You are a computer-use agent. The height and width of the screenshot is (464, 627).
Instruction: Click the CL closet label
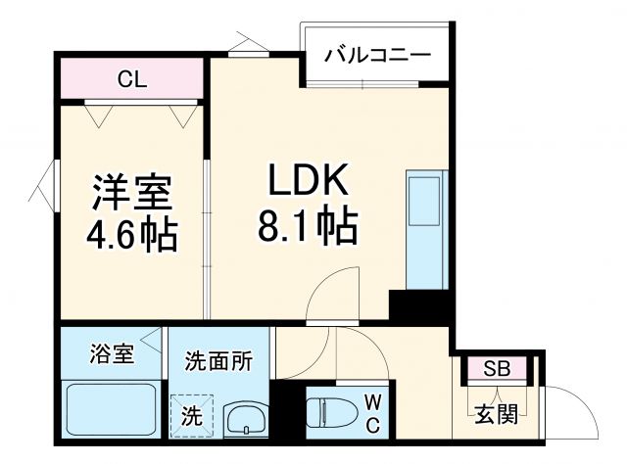click(x=131, y=79)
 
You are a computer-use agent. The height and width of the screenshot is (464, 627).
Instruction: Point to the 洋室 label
click(x=133, y=190)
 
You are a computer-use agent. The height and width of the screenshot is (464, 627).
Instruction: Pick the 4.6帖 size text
click(x=133, y=235)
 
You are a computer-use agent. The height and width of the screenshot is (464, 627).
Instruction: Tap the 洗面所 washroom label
click(x=218, y=360)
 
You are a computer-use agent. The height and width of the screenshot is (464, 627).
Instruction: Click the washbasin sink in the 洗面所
click(x=245, y=418)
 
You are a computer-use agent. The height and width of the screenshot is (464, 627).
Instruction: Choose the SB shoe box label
click(x=497, y=369)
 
